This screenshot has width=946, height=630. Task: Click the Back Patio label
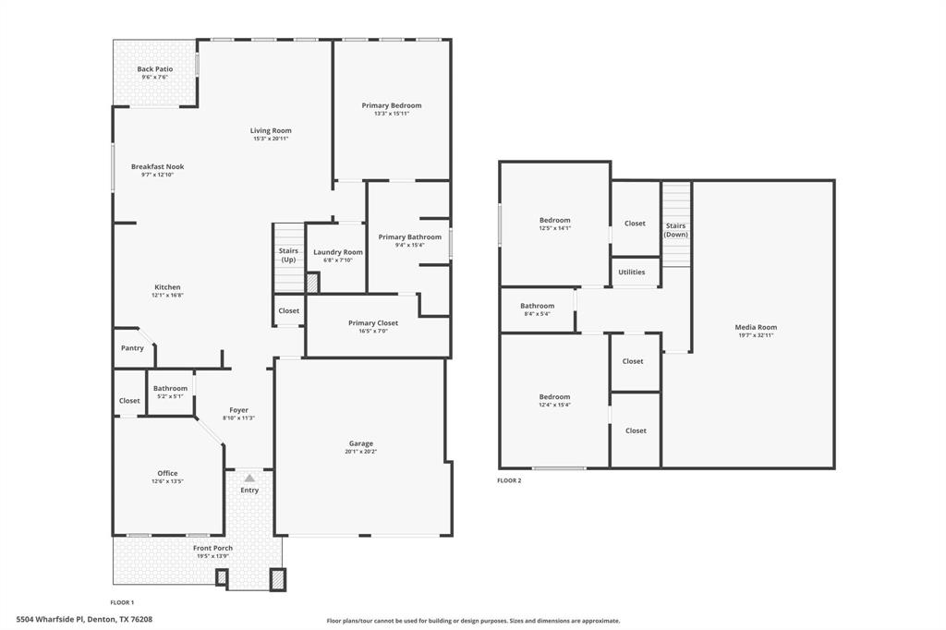coord(154,69)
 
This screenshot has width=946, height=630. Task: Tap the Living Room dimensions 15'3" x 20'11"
coord(271,139)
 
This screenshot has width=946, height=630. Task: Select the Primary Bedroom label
coord(391,105)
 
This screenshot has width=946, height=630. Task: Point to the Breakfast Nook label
coord(157,166)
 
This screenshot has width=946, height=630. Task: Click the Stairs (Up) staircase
coord(287,256)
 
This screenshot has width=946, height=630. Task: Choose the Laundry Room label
coord(338,252)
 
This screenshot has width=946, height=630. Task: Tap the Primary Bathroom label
coord(409,237)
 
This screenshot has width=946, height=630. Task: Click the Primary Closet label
coord(373,323)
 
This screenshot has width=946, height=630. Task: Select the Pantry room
coord(132,348)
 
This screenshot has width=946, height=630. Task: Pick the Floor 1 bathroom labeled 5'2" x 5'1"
coord(170,392)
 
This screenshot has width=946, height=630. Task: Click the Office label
coord(167,473)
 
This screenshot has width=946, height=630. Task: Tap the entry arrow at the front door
coord(249,478)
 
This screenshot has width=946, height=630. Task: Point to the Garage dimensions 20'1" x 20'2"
coord(361,452)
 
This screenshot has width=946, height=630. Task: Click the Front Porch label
coord(212,548)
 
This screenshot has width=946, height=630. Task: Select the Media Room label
coord(756,327)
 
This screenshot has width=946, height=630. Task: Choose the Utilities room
coord(632,272)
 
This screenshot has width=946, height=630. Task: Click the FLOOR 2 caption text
coord(509,480)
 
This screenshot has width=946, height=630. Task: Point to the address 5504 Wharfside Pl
coord(84,620)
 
